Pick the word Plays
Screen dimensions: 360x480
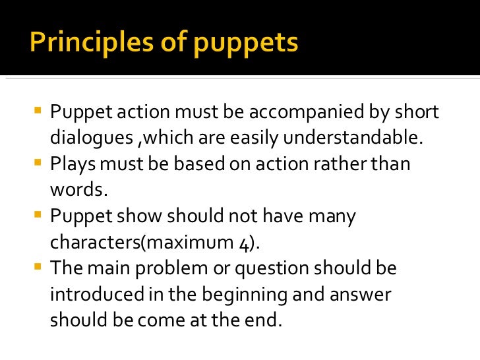pyautogui.click(x=71, y=164)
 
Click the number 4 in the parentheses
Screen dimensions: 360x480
pyautogui.click(x=244, y=243)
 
